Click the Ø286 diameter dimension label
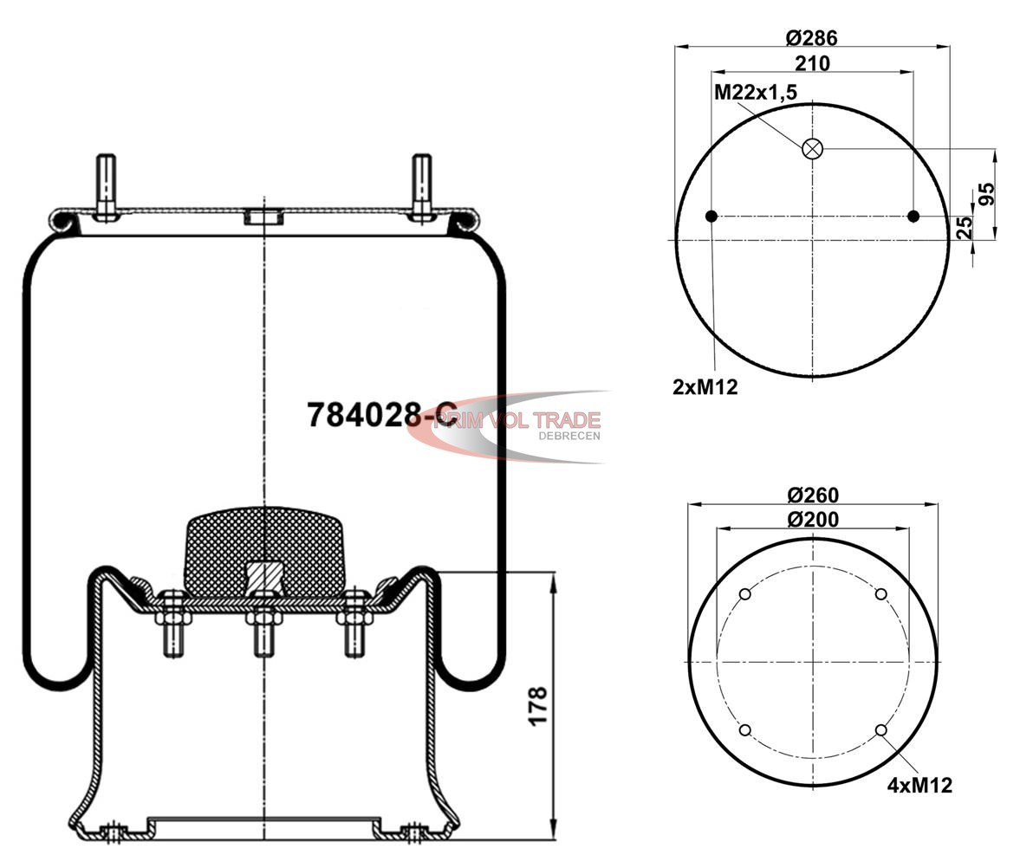pos(811,38)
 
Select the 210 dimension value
pos(813,63)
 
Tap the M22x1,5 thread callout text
pos(755,93)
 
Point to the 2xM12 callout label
pos(705,387)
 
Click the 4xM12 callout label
pos(919,785)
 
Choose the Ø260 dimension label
pos(813,495)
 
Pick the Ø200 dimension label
pos(813,519)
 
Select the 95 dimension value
pos(986,194)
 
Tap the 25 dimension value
pos(965,227)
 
